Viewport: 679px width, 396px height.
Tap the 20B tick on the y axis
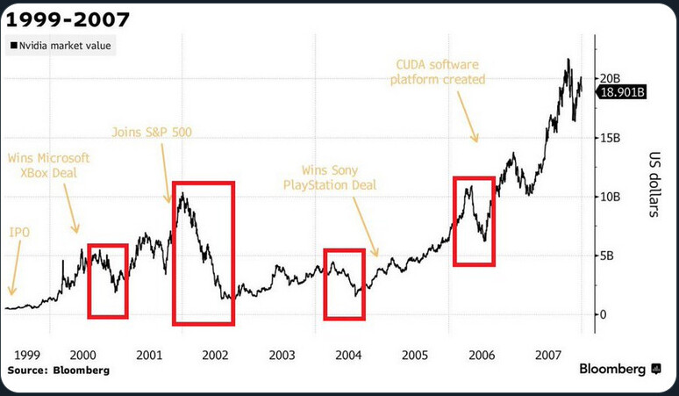click(611, 78)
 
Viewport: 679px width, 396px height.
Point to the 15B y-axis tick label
click(611, 137)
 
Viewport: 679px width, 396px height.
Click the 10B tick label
click(611, 196)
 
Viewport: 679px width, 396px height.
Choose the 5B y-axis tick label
click(609, 256)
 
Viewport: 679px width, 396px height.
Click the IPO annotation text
click(19, 233)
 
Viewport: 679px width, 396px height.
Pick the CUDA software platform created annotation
click(440, 72)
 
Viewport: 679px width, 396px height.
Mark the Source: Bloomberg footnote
click(58, 371)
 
